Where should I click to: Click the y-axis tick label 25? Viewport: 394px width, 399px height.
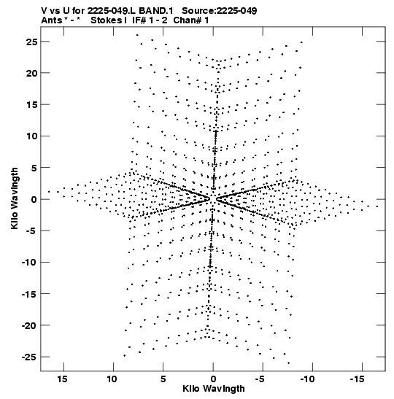tap(31, 42)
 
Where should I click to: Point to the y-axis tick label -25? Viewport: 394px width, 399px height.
tap(29, 357)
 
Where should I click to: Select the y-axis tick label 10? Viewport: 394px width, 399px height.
tap(31, 136)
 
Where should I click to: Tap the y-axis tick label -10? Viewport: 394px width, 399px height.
tap(29, 263)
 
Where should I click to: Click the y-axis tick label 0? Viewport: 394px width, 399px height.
tap(34, 200)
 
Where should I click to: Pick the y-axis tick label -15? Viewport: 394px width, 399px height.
tap(29, 294)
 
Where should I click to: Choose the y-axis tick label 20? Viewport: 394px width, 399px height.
tap(31, 73)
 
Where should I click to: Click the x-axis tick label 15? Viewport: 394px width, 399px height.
tap(62, 379)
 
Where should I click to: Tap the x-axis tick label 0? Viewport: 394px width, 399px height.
tap(213, 379)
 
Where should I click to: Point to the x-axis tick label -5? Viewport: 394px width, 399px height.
tap(260, 379)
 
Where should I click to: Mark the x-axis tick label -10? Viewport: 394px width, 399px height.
tap(307, 379)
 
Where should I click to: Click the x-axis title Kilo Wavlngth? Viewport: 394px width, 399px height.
tap(214, 389)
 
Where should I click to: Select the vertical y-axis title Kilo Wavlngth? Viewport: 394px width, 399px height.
tap(15, 198)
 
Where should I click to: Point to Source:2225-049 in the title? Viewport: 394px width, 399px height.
tap(220, 11)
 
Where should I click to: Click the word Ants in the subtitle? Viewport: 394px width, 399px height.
tap(51, 20)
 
